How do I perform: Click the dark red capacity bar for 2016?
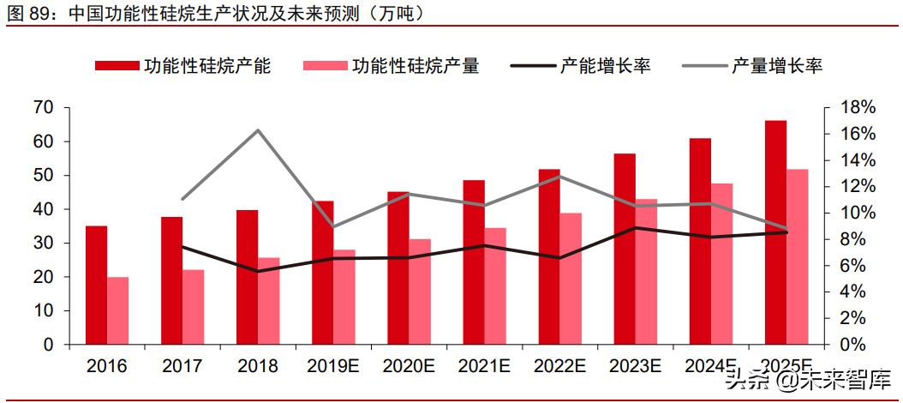click(x=97, y=286)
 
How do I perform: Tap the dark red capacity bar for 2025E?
click(x=775, y=232)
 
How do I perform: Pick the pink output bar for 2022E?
click(x=571, y=279)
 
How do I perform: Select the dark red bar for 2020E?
click(x=398, y=268)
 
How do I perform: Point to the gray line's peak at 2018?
click(x=258, y=130)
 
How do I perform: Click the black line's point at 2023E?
click(x=635, y=228)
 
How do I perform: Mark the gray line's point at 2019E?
click(x=333, y=226)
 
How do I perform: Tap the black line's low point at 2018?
click(x=258, y=271)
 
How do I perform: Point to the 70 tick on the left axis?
click(x=44, y=108)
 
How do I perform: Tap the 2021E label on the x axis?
click(x=484, y=366)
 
